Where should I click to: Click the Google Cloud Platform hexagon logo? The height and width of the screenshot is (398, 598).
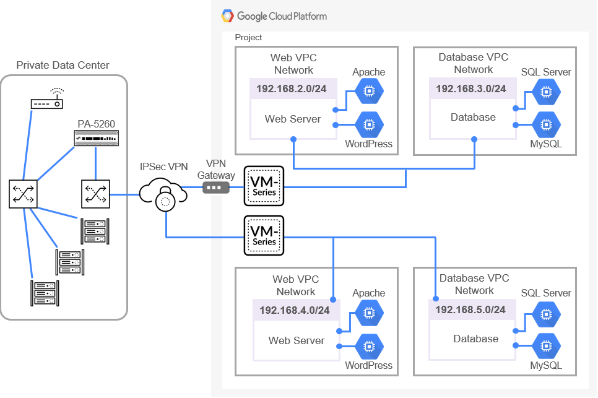(x=228, y=16)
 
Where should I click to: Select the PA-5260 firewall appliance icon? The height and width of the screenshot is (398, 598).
(x=95, y=139)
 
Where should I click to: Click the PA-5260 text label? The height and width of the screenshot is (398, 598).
(x=96, y=124)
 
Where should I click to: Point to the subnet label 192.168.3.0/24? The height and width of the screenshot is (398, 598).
(x=471, y=89)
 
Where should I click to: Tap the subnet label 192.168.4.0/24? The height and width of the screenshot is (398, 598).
(x=295, y=310)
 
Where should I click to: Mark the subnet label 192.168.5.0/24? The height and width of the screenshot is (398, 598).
(x=471, y=309)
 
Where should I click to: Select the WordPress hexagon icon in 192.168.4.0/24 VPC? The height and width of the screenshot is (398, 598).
(x=369, y=345)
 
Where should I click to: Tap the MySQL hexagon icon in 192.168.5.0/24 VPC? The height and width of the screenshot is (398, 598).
(x=545, y=345)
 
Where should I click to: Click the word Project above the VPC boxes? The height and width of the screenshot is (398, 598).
(x=248, y=38)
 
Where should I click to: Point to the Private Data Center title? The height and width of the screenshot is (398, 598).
(x=63, y=65)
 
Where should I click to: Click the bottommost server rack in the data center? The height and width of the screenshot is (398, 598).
(x=43, y=293)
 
